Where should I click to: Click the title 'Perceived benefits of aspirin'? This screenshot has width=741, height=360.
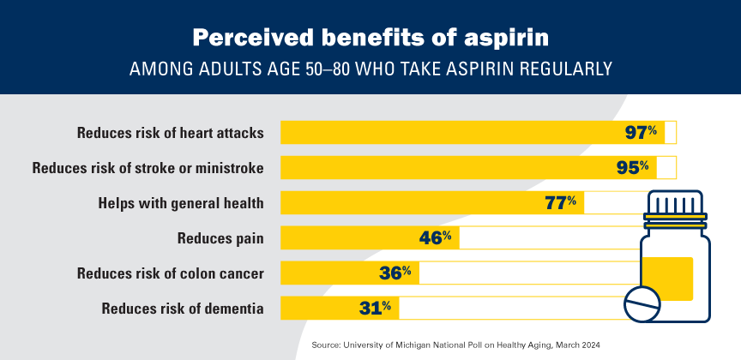click(370, 39)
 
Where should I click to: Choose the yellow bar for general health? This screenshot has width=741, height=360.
click(412, 203)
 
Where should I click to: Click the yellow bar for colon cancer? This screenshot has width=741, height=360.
click(326, 273)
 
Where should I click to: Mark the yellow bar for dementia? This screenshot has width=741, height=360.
click(313, 308)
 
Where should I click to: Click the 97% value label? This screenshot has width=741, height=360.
click(641, 133)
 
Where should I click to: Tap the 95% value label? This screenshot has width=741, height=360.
click(632, 167)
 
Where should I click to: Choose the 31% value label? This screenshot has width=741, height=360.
click(374, 308)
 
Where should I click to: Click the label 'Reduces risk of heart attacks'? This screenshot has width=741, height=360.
click(170, 133)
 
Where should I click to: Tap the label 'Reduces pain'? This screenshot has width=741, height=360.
click(220, 237)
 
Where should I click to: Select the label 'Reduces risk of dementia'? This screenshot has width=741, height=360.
click(182, 308)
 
